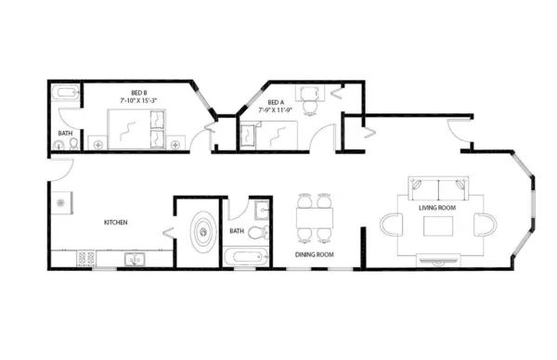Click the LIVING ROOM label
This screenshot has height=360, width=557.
click(437, 208)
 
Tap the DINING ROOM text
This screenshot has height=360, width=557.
click(315, 254)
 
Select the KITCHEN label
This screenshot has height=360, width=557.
click(115, 223)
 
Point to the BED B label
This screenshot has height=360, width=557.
click(139, 92)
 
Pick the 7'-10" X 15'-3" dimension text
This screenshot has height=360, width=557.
click(140, 99)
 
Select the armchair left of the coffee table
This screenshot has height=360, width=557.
click(390, 225)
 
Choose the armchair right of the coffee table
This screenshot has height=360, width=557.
click(483, 225)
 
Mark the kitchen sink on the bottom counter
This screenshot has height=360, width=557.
click(134, 260)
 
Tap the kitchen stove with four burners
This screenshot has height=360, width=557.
click(88, 260)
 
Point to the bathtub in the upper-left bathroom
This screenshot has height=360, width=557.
click(67, 94)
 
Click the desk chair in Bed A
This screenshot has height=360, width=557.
click(309, 92)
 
